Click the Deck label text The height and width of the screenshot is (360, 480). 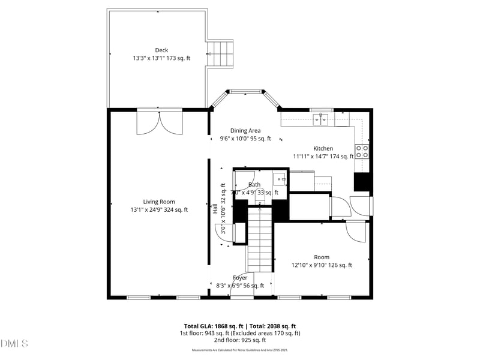[x=161, y=50]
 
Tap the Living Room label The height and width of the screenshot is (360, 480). [x=159, y=202]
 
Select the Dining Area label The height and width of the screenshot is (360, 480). [x=245, y=130]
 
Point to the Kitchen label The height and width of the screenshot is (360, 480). [x=323, y=148]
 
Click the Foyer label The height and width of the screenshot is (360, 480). [x=240, y=278]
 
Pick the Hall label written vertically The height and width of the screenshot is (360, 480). [x=215, y=209]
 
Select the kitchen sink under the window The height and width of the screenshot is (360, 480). [x=323, y=119]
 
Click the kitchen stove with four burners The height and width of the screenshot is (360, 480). [x=362, y=151]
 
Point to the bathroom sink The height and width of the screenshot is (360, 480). [x=280, y=178]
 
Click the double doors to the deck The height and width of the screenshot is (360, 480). [x=159, y=123]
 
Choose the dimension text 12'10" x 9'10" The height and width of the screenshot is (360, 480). [x=322, y=265]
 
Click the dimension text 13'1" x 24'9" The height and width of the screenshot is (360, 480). [x=159, y=210]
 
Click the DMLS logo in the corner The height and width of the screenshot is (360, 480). [x=14, y=344]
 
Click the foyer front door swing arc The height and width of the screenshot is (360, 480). [x=243, y=285]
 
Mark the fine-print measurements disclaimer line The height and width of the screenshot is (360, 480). [x=240, y=350]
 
